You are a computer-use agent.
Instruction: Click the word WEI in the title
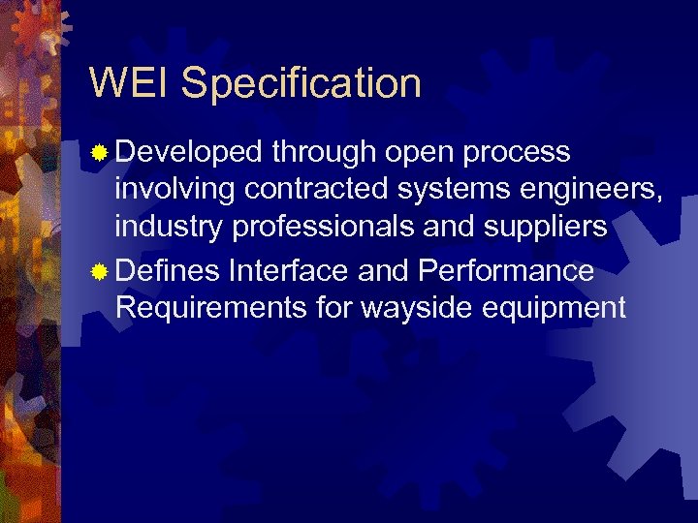[x=129, y=83]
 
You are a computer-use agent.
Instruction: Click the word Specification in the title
[x=301, y=85]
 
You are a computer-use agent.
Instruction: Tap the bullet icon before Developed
[x=100, y=153]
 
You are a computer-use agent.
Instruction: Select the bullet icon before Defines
[x=100, y=272]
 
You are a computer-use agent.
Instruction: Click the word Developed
[x=189, y=153]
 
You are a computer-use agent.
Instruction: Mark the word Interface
[x=289, y=271]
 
